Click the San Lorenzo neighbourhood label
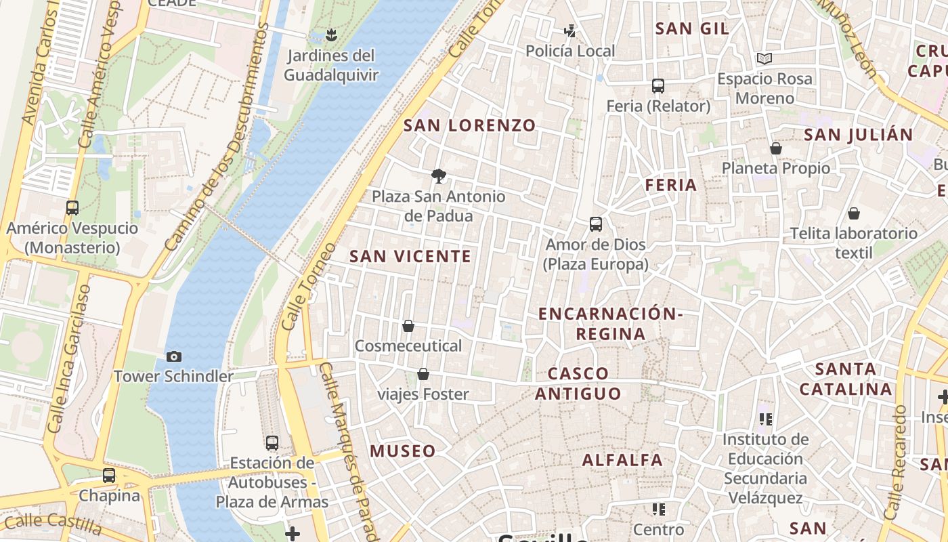tap(469, 125)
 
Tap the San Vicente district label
tap(410, 256)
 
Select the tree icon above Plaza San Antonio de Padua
tap(439, 176)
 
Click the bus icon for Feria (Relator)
tap(658, 86)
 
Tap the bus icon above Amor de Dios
tap(596, 224)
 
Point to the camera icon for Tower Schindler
tap(174, 356)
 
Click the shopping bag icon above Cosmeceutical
tap(408, 326)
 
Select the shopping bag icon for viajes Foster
tap(423, 374)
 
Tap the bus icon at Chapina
tap(109, 476)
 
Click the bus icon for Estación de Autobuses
tap(272, 443)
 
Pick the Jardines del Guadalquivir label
tap(330, 65)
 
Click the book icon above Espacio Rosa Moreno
tap(764, 59)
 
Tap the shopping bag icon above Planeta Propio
tap(776, 148)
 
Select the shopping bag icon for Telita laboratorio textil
tap(854, 213)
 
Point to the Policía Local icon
tap(570, 30)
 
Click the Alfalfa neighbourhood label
tap(623, 460)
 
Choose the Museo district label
tap(403, 451)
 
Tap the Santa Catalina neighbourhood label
tap(846, 379)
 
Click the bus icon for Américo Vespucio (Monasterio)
tap(72, 208)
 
